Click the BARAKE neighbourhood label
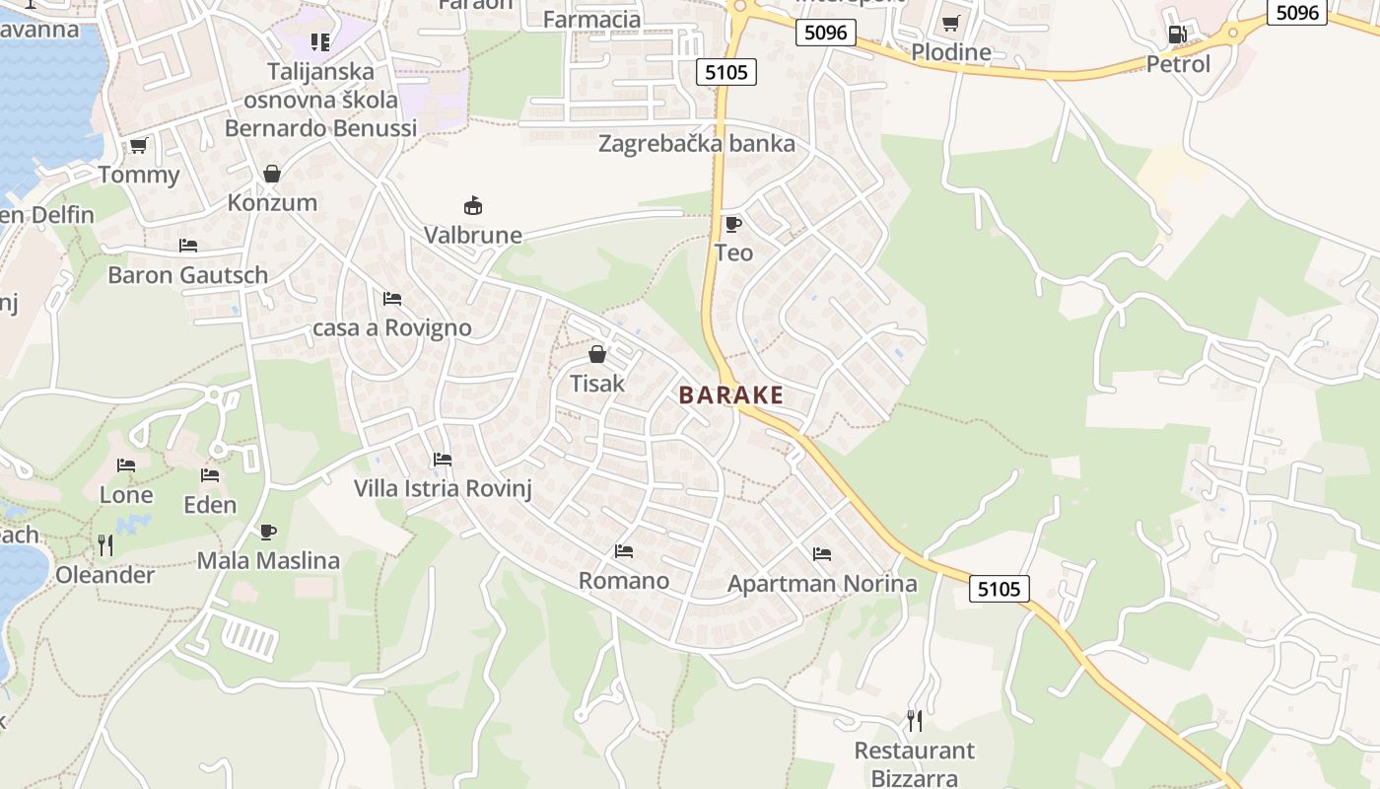731,395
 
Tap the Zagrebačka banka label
697,144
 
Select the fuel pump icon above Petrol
1176,35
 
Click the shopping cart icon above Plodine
950,23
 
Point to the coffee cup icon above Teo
732,224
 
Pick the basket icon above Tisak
597,354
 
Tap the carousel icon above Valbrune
473,206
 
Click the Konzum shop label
272,203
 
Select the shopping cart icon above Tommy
139,146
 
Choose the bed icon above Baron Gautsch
188,246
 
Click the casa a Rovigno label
391,328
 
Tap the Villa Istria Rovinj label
443,488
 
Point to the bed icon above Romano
624,551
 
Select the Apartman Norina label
822,584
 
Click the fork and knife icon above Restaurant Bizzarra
915,721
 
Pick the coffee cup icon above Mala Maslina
268,533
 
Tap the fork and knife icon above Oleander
105,545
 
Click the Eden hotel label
210,505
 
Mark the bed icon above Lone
126,466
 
